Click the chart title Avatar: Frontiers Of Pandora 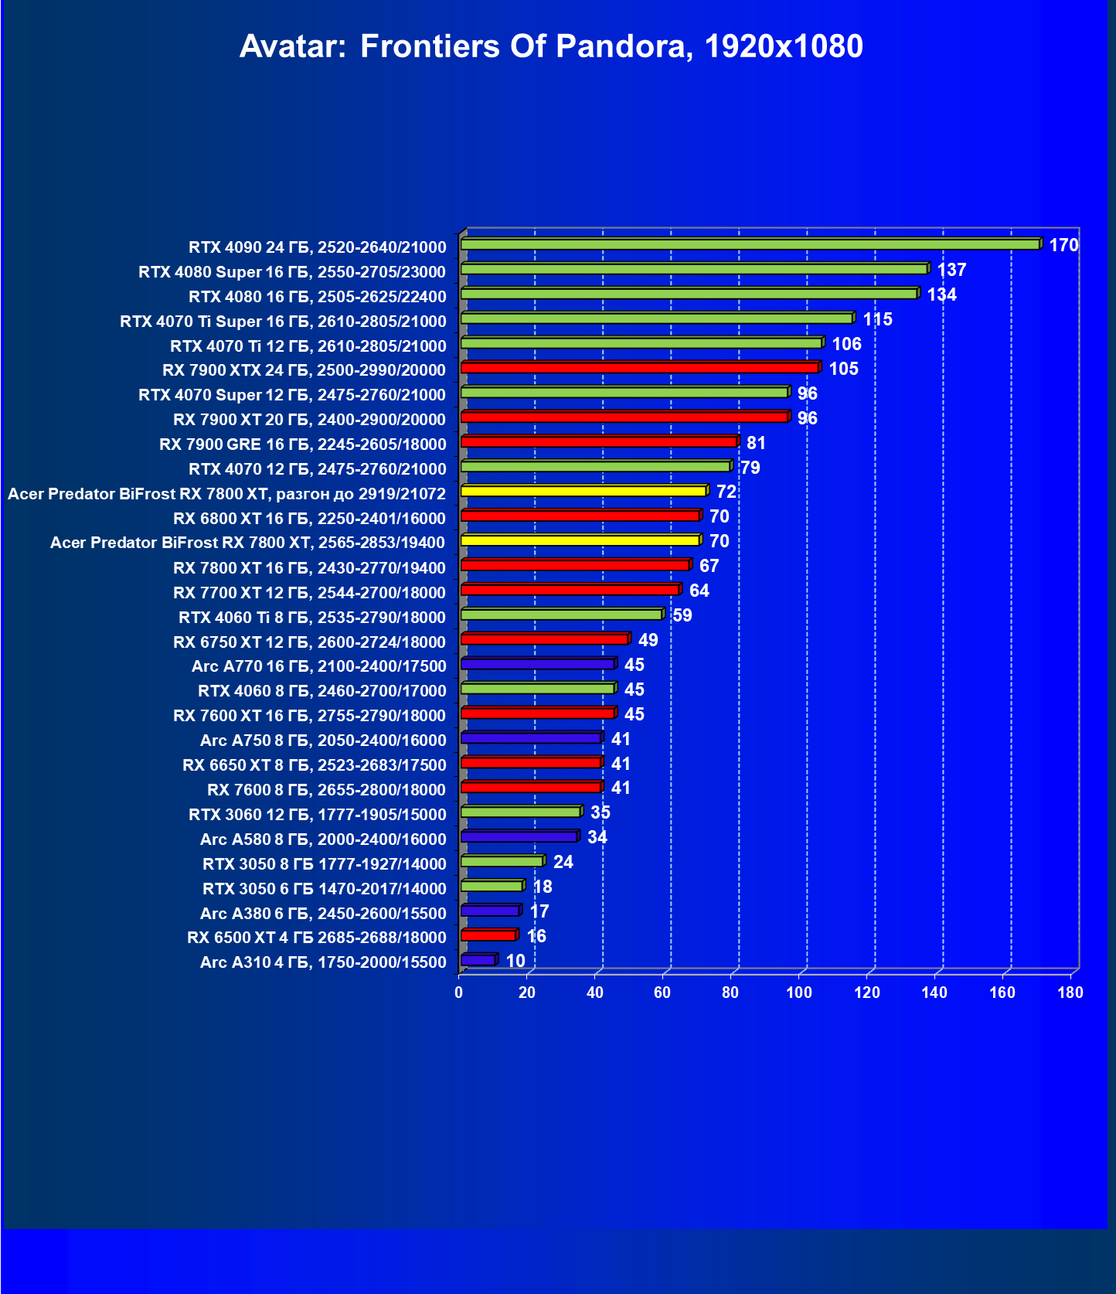(x=551, y=46)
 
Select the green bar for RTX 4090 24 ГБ (x=750, y=244)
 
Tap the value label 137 (x=951, y=270)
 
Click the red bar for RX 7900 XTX (x=639, y=367)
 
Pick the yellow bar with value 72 (x=584, y=491)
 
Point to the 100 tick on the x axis (x=799, y=993)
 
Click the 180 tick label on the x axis (x=1070, y=993)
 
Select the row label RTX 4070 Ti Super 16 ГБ (x=283, y=321)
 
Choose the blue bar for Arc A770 (x=537, y=664)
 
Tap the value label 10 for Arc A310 (x=515, y=961)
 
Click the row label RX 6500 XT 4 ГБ (x=316, y=938)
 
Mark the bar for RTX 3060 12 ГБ (x=520, y=812)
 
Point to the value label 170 (x=1063, y=245)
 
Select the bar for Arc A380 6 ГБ (x=490, y=911)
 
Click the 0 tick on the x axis (x=459, y=993)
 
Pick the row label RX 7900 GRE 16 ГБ (x=302, y=444)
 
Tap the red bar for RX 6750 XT (x=544, y=639)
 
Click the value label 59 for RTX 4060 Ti (x=682, y=615)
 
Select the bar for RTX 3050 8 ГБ (x=502, y=861)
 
